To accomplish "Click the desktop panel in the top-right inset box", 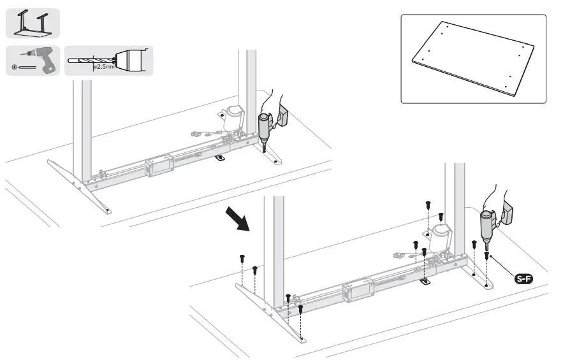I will [472, 59].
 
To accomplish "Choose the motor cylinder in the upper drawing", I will [233, 119].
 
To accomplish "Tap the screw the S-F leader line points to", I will [487, 256].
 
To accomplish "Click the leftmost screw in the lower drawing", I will [242, 259].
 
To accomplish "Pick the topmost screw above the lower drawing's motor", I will [428, 204].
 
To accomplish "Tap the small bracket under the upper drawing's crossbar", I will [220, 157].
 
